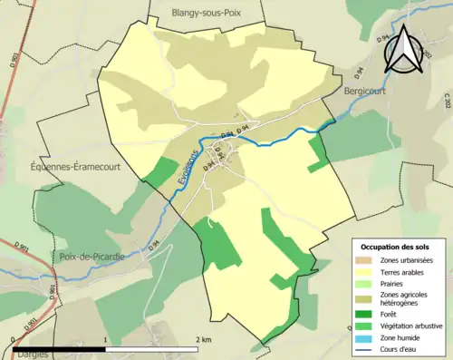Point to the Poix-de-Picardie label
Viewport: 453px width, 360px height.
coord(92,257)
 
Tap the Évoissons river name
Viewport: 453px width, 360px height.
coord(184,170)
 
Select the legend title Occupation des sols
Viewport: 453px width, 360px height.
coord(396,247)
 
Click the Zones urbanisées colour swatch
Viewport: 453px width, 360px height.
coord(367,260)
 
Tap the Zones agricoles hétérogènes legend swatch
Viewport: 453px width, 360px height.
coord(367,298)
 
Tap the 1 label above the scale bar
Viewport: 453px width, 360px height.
coord(107,339)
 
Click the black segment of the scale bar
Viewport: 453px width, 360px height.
coord(60,349)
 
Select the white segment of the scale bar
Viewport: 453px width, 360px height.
coord(153,349)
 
